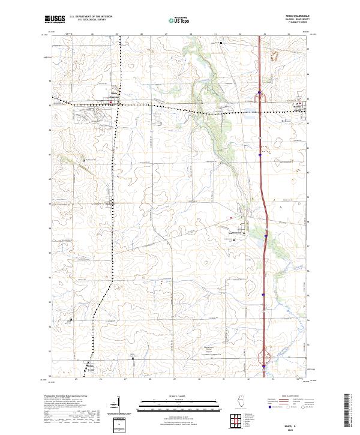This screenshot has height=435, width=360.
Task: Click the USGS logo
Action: tap(55, 19)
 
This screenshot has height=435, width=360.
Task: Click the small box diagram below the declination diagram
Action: tap(121, 424)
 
